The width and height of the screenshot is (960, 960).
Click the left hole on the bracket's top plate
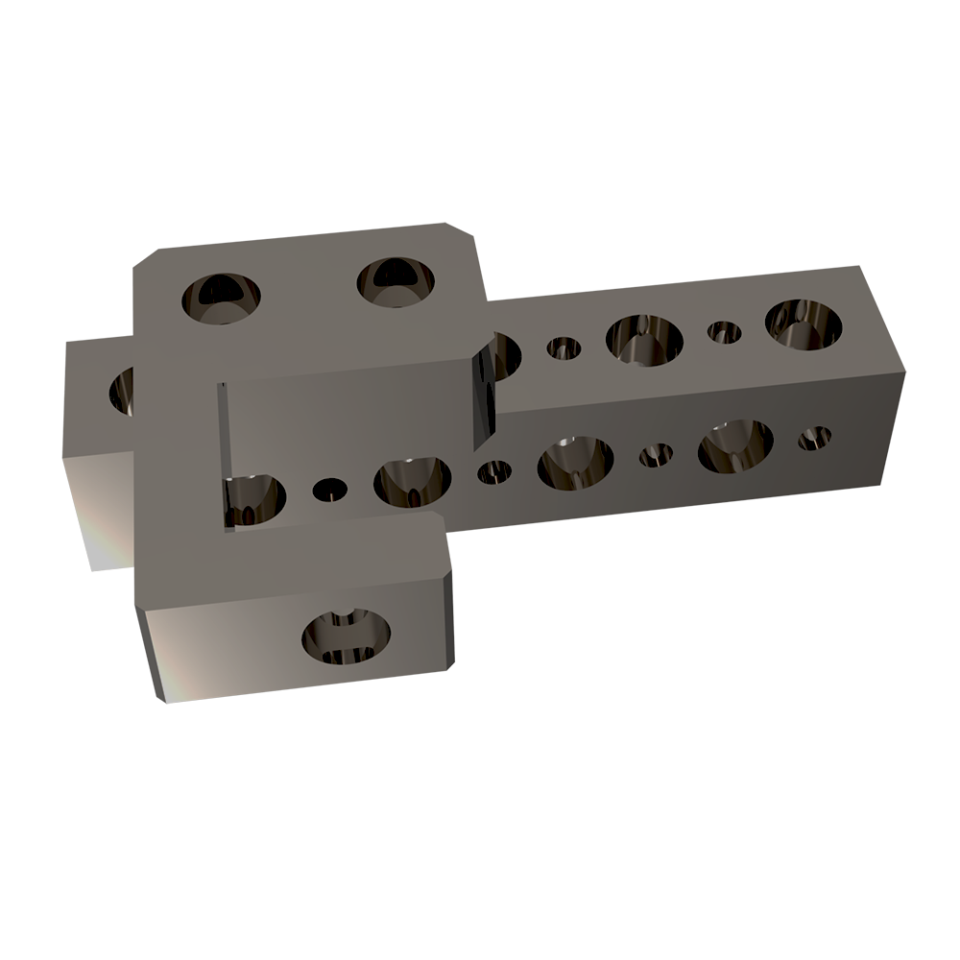pyautogui.click(x=220, y=297)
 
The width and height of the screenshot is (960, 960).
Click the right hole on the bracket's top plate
pyautogui.click(x=396, y=281)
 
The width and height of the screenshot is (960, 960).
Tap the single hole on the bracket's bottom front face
pyautogui.click(x=347, y=636)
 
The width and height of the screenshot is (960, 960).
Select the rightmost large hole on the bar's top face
pyautogui.click(x=803, y=324)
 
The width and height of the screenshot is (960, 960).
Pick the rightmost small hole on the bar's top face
pyautogui.click(x=724, y=332)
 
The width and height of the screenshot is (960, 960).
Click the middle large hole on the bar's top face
pyautogui.click(x=644, y=339)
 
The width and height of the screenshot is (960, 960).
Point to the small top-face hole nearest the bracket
pyautogui.click(x=564, y=348)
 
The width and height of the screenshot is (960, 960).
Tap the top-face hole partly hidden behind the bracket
pyautogui.click(x=505, y=352)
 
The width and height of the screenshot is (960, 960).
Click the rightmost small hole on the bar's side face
pyautogui.click(x=814, y=439)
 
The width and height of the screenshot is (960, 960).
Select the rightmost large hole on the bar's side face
pyautogui.click(x=735, y=446)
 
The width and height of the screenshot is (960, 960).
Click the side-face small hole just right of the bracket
pyautogui.click(x=494, y=471)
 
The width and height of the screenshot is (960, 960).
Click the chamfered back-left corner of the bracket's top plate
pyautogui.click(x=143, y=262)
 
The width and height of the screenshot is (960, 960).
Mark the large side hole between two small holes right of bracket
pyautogui.click(x=575, y=461)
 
